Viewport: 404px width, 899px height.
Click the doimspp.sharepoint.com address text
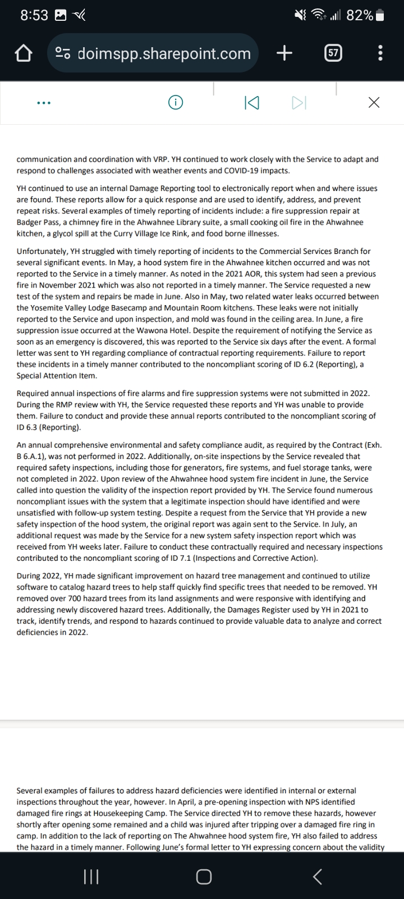pos(164,53)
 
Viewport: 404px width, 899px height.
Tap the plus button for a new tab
pos(284,53)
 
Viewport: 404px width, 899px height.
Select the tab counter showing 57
pos(333,53)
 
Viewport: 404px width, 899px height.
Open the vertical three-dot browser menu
pos(380,53)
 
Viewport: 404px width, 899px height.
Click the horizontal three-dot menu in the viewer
pos(43,103)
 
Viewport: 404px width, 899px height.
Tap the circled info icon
pos(176,102)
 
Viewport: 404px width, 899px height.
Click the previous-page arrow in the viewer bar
pos(252,103)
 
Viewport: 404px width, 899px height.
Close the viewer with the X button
pos(374,102)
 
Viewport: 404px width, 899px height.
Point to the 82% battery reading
pos(360,16)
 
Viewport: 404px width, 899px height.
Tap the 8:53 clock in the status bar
pos(34,16)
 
